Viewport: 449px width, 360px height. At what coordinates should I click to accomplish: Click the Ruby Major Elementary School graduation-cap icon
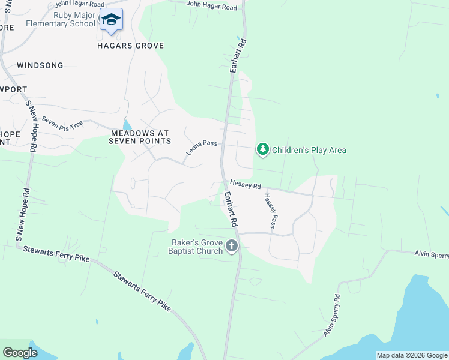point(111,20)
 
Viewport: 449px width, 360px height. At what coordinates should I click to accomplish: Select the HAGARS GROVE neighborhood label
point(130,46)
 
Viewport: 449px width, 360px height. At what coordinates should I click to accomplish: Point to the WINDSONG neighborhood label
point(40,65)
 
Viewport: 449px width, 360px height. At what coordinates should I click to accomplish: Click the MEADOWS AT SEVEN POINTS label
point(139,137)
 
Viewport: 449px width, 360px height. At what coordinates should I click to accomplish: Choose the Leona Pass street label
point(201,145)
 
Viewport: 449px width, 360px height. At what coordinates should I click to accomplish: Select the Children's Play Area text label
point(309,150)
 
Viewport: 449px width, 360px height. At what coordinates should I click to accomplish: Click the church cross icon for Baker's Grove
point(232,245)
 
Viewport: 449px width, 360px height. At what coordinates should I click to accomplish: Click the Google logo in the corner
point(20,353)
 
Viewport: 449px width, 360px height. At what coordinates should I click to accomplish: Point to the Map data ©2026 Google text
point(412,355)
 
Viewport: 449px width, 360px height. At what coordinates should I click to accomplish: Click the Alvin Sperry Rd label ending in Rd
point(332,315)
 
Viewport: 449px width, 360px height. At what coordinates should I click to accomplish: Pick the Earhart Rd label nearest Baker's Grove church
point(232,208)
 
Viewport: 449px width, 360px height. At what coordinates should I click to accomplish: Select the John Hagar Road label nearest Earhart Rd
point(211,6)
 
